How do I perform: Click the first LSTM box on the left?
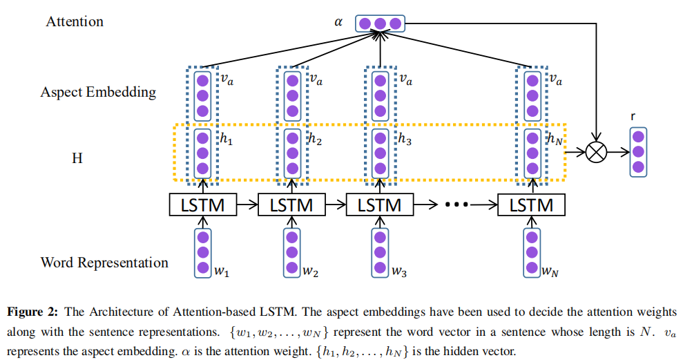[x=202, y=205]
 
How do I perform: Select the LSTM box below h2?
[x=291, y=205]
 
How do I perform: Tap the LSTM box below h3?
[x=379, y=205]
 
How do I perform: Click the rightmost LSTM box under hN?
[x=531, y=205]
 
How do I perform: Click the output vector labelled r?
[x=638, y=151]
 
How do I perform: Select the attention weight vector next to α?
[x=379, y=24]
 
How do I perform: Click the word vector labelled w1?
[x=202, y=252]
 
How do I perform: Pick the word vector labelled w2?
[x=291, y=252]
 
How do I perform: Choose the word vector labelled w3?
[x=379, y=252]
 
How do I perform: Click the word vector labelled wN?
[x=531, y=252]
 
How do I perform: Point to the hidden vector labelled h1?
[x=202, y=153]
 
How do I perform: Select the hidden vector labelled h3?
[x=379, y=153]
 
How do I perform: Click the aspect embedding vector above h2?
[x=291, y=95]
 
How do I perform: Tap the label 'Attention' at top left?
[x=75, y=21]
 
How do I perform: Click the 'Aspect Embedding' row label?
[x=98, y=92]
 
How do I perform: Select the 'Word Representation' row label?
[x=104, y=263]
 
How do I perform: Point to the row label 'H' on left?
[x=77, y=158]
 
